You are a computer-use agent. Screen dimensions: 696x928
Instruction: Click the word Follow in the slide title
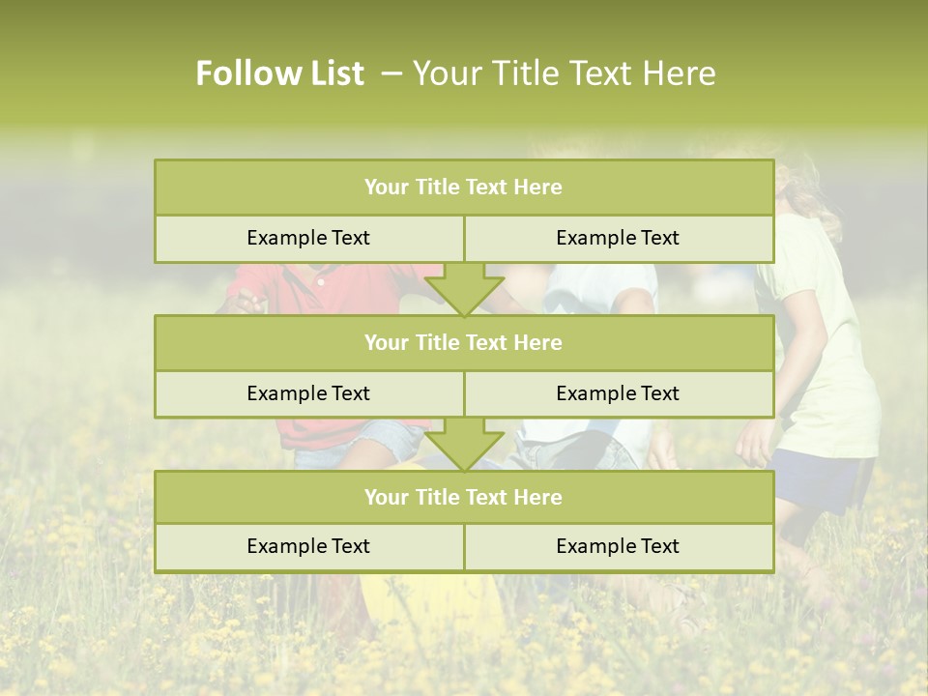point(247,73)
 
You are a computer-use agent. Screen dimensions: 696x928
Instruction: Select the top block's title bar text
point(463,188)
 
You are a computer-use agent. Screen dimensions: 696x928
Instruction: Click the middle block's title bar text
point(463,342)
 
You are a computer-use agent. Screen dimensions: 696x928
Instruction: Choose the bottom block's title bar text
point(463,497)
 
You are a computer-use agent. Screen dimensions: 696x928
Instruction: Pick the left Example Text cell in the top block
point(308,238)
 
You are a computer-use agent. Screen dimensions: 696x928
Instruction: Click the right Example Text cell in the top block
point(618,238)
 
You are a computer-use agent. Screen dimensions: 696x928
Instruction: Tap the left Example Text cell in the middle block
point(308,393)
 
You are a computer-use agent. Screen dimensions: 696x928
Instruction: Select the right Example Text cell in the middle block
point(618,393)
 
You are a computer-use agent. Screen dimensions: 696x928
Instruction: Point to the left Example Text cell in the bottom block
point(308,546)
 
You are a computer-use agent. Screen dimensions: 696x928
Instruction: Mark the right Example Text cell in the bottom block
point(618,546)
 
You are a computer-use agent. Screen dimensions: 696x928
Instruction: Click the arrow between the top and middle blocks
point(464,289)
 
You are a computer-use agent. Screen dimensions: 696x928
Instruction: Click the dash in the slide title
point(391,73)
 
